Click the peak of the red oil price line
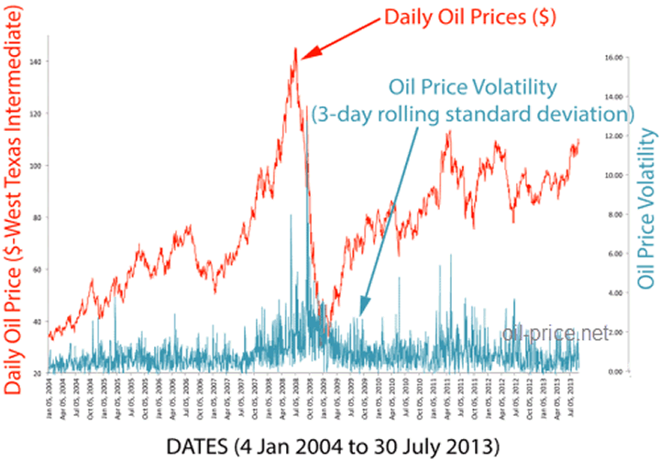(295, 49)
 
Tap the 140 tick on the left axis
(36, 61)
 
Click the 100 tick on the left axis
(36, 166)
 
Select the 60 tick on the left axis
(37, 270)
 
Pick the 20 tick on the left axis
(37, 374)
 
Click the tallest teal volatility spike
(306, 108)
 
